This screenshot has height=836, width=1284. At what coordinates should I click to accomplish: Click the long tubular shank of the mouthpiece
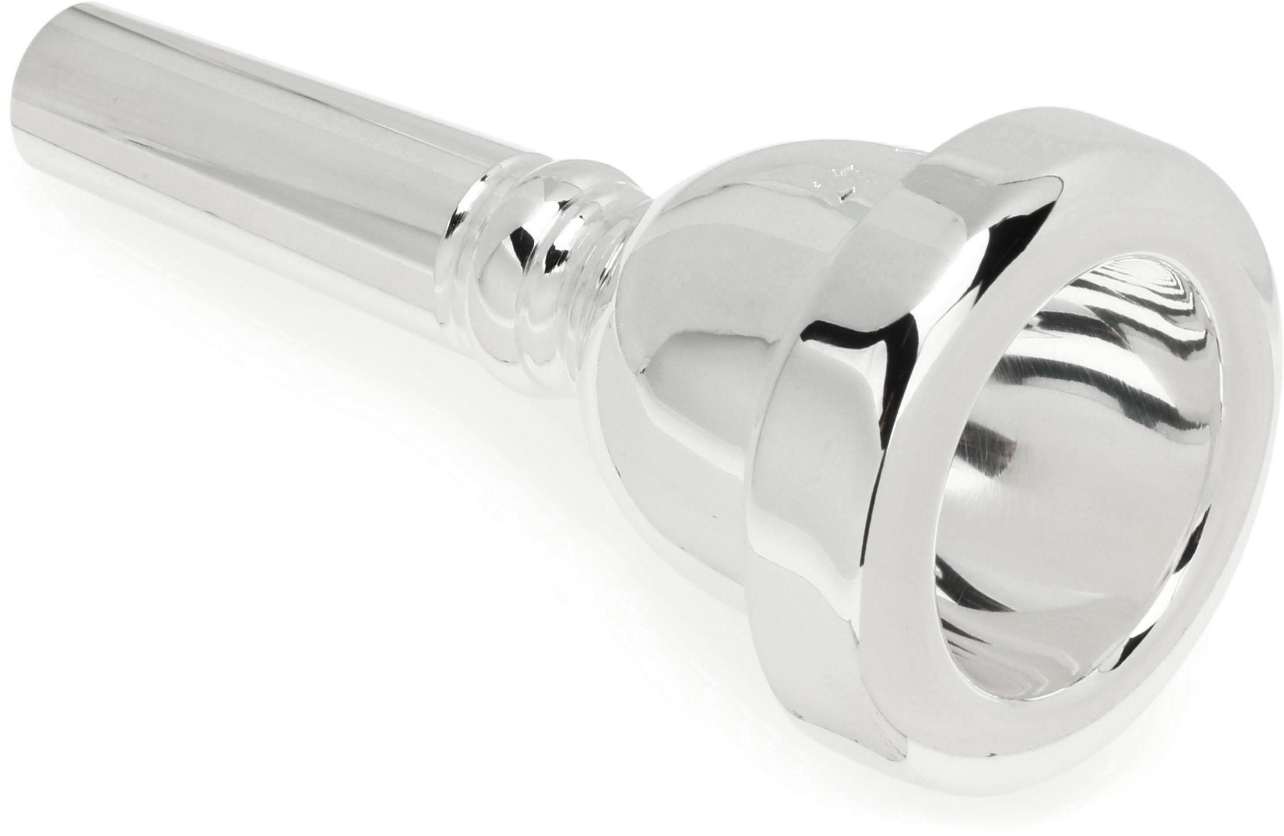click(x=243, y=162)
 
